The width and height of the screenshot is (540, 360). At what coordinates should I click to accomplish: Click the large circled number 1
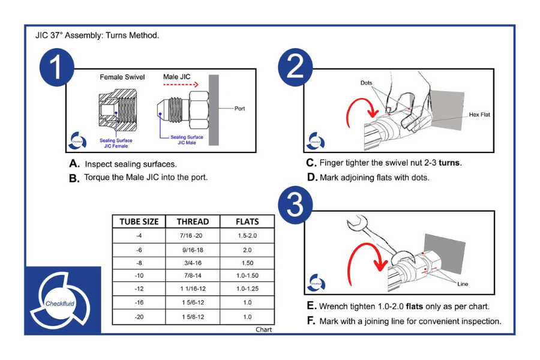pyautogui.click(x=56, y=68)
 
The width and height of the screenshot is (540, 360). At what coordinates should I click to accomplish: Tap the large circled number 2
pyautogui.click(x=296, y=68)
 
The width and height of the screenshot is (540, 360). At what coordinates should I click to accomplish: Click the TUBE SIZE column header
pyautogui.click(x=139, y=221)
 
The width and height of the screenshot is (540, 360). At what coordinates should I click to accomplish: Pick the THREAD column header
pyautogui.click(x=193, y=221)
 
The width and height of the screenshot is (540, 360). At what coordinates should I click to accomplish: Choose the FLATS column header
pyautogui.click(x=247, y=221)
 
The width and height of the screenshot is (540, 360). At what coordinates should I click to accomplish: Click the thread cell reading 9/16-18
pyautogui.click(x=193, y=250)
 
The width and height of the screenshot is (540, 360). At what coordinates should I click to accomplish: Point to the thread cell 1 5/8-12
pyautogui.click(x=193, y=317)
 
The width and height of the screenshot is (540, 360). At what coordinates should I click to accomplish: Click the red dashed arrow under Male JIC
pyautogui.click(x=181, y=85)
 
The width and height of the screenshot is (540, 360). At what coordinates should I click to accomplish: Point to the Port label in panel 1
pyautogui.click(x=239, y=109)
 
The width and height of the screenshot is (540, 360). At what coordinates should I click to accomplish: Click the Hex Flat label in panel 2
pyautogui.click(x=479, y=115)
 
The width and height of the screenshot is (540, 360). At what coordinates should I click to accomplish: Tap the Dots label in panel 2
pyautogui.click(x=367, y=82)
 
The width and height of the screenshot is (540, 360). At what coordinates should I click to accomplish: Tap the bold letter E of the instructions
pyautogui.click(x=311, y=306)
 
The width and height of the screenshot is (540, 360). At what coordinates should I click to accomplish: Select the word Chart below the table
pyautogui.click(x=263, y=329)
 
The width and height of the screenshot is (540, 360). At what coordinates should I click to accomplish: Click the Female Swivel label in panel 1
pyautogui.click(x=122, y=77)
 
